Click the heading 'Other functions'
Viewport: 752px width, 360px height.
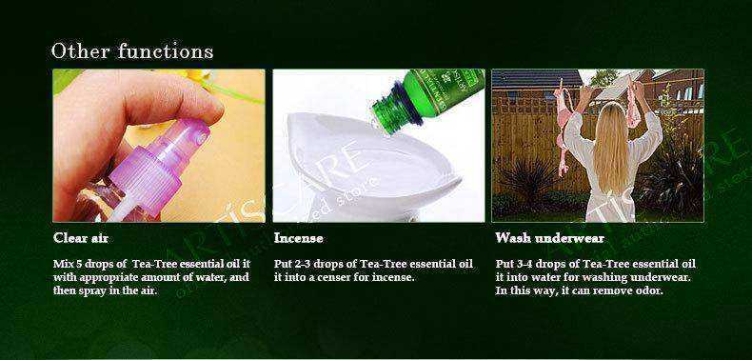click(x=131, y=50)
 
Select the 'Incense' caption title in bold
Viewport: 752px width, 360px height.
click(x=298, y=237)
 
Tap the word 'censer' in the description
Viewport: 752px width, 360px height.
click(x=329, y=277)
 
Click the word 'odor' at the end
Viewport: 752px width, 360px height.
click(x=648, y=290)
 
